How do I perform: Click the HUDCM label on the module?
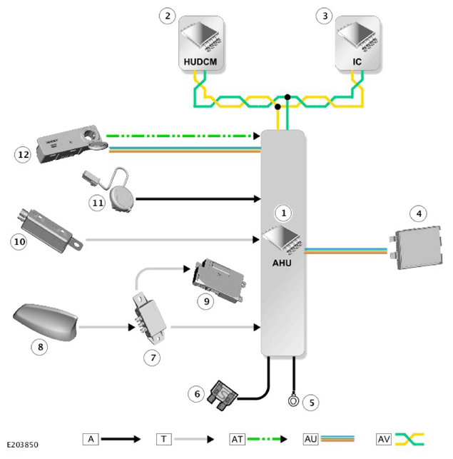pos(200,62)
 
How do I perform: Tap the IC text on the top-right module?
pos(357,62)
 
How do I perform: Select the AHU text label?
pos(282,263)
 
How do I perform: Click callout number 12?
pos(23,154)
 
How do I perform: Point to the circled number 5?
pos(311,403)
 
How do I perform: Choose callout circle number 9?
pos(206,301)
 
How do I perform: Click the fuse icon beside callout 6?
pos(223,395)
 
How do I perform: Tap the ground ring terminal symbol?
pos(293,400)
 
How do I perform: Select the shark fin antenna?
pos(46,322)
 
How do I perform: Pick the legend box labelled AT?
pos(237,439)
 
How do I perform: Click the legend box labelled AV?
pos(384,439)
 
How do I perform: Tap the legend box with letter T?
pos(164,439)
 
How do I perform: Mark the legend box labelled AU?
pos(310,439)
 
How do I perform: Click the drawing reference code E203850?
pos(23,445)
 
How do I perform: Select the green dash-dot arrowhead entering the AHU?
pos(257,136)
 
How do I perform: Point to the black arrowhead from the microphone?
pos(258,199)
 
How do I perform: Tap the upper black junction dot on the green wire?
pos(287,97)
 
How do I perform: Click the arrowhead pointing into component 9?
pos(187,268)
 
